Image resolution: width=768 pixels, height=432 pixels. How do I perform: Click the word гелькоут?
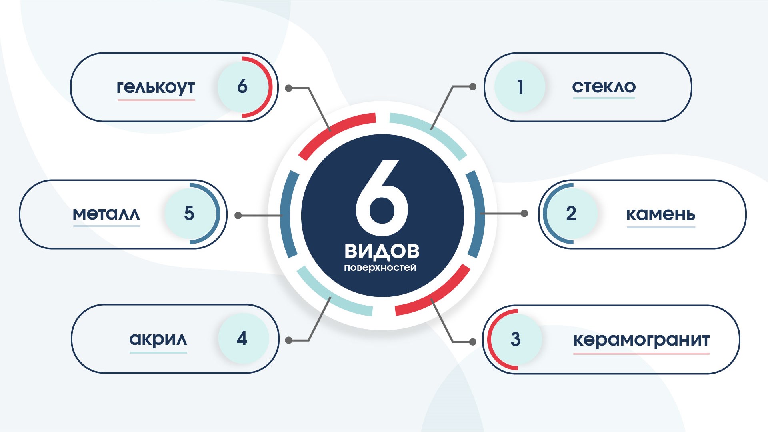tap(156, 87)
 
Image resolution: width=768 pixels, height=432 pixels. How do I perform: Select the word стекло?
tap(604, 86)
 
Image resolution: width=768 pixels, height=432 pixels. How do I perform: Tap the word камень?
tap(660, 214)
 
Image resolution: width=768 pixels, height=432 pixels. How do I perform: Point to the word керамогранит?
tap(641, 340)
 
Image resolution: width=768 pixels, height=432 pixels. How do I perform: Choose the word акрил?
tap(158, 339)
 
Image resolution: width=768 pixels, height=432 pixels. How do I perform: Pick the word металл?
tap(106, 214)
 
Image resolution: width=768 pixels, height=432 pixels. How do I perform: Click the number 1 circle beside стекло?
tap(520, 86)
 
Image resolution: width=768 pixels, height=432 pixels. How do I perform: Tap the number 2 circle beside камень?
tap(572, 214)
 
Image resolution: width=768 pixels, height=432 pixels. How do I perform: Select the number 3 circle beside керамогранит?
tap(516, 339)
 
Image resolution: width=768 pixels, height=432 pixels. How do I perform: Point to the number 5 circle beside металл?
tap(190, 214)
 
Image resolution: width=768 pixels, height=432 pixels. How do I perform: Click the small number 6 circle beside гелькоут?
tap(243, 86)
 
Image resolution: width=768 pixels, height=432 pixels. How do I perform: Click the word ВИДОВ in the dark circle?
tap(382, 251)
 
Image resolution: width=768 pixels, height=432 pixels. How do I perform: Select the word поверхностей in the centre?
tap(380, 268)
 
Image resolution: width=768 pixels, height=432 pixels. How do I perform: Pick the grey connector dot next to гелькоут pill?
tap(289, 88)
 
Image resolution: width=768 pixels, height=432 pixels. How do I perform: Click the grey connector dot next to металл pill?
tap(238, 216)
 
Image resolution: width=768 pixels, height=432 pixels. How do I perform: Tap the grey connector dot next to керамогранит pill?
tap(473, 342)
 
